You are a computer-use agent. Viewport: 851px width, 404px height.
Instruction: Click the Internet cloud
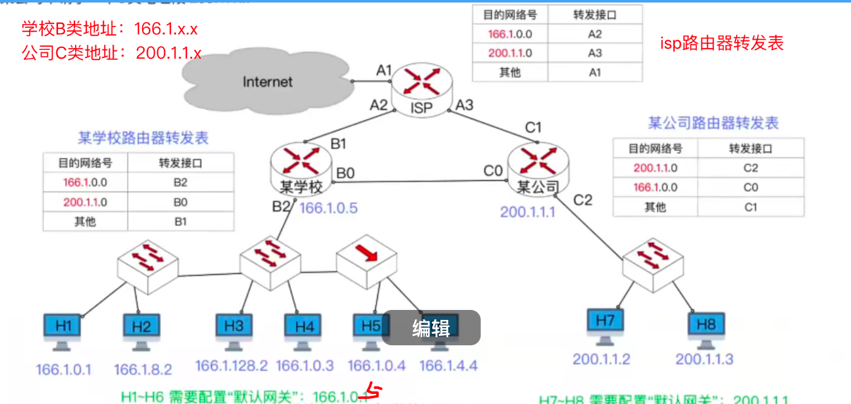[268, 81]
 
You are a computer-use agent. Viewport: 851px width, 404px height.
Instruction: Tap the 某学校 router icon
[301, 168]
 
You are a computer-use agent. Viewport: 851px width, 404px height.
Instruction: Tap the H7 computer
[604, 324]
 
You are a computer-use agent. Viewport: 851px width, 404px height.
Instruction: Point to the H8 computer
[706, 328]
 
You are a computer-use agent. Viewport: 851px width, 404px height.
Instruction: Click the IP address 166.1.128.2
[232, 365]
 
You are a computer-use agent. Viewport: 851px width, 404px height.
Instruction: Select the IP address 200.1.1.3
[705, 359]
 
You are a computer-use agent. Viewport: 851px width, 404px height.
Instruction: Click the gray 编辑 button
[431, 328]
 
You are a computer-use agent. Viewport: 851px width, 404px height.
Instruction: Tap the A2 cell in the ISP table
[595, 34]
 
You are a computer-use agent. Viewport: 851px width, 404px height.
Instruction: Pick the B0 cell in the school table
[180, 203]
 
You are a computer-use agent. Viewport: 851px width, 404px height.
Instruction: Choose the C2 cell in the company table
[750, 168]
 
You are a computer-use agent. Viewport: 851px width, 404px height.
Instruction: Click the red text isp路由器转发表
[722, 43]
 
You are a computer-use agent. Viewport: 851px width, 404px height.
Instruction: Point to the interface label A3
[464, 105]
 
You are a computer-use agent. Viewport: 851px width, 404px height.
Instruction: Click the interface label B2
[282, 206]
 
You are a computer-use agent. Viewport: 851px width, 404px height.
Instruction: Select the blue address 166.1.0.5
[328, 209]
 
